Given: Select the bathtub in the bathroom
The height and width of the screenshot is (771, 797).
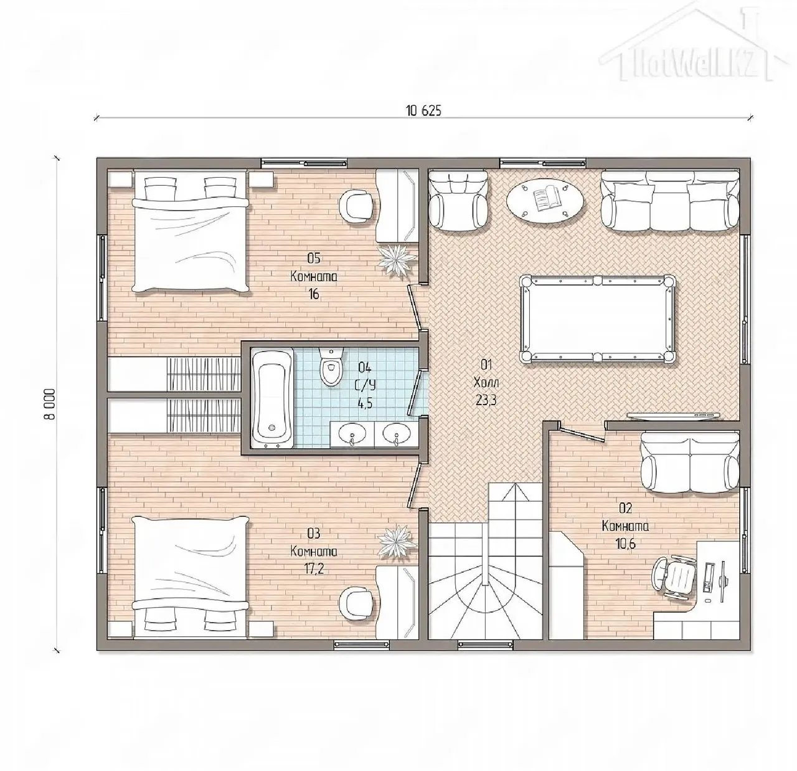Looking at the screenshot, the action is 272,398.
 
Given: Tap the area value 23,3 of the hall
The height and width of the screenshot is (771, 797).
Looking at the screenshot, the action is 486,400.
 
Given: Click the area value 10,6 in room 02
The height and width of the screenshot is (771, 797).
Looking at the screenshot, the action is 625,544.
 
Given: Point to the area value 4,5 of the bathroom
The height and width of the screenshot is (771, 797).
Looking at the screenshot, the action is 365,404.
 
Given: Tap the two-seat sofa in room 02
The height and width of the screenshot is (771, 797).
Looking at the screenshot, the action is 690,462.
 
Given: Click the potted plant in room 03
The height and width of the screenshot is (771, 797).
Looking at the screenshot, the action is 397,542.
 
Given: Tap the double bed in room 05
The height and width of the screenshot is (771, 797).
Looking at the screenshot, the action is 191,232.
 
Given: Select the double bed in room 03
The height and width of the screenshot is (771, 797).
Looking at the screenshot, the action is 191,577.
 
